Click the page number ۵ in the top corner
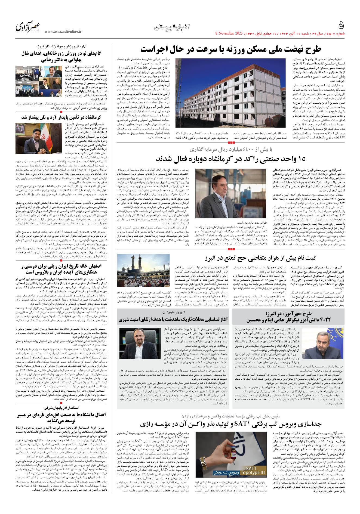coord(341,25)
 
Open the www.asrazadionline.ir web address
coord(63,32)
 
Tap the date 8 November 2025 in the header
coord(229,33)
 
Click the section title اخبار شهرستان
coord(172,27)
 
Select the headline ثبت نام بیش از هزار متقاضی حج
coord(260,258)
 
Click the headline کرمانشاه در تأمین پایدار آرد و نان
coord(61,117)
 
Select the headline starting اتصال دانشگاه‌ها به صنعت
coord(61,417)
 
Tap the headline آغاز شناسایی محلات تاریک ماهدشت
coord(173,319)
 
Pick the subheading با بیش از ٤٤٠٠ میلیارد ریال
coord(231,149)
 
